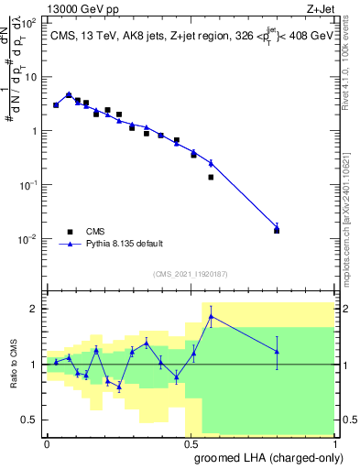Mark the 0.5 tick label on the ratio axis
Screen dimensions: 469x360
click(x=31, y=420)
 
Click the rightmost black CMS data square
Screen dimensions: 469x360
click(x=277, y=230)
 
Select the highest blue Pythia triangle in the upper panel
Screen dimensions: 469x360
click(x=69, y=94)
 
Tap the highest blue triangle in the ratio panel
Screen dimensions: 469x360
click(x=212, y=317)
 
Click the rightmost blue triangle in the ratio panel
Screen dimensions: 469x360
click(x=277, y=351)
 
